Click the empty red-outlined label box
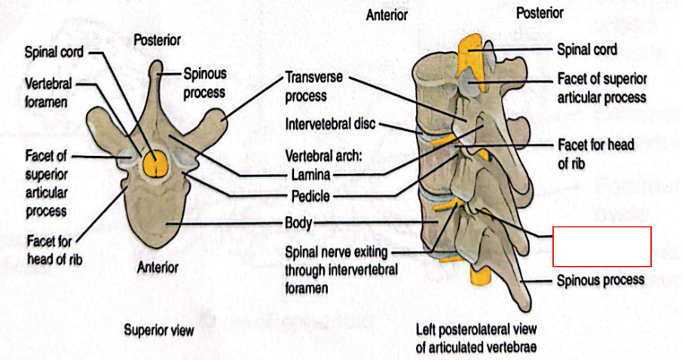click(x=601, y=246)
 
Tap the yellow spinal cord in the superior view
click(x=157, y=162)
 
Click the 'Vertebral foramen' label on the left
click(x=48, y=92)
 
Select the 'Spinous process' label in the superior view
click(x=205, y=83)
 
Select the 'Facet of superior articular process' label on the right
click(x=601, y=87)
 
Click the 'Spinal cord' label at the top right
click(x=587, y=50)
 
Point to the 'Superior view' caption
click(x=159, y=330)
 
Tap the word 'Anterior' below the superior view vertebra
click(x=158, y=267)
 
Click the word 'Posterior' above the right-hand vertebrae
click(x=539, y=13)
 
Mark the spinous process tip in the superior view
click(x=157, y=70)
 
